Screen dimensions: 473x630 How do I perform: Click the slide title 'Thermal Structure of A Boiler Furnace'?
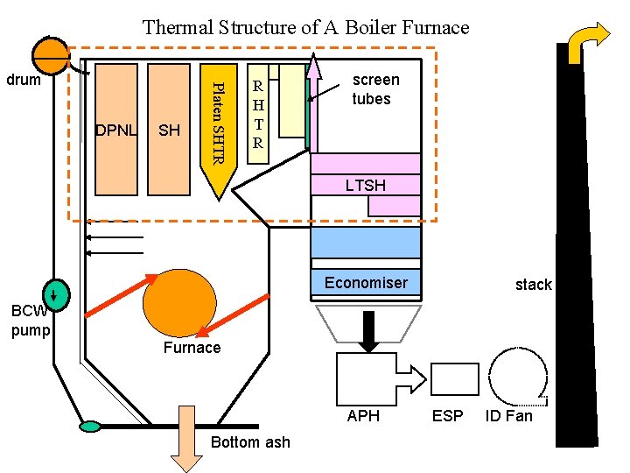[305, 27]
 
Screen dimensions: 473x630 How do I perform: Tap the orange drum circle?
[52, 56]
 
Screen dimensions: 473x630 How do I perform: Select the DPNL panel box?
[116, 129]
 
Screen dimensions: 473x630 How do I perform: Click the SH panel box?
[169, 129]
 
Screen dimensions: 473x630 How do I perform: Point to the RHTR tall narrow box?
[257, 113]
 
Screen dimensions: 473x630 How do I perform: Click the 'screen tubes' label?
[375, 89]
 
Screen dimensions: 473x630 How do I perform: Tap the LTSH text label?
[365, 186]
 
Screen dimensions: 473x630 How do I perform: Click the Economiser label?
[366, 283]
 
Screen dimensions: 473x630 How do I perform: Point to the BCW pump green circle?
[54, 293]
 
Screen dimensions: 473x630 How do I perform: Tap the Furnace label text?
[192, 348]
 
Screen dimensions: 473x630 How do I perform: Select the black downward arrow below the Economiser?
[367, 329]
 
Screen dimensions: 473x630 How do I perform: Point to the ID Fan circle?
[518, 376]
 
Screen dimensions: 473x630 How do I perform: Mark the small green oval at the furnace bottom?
[89, 427]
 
